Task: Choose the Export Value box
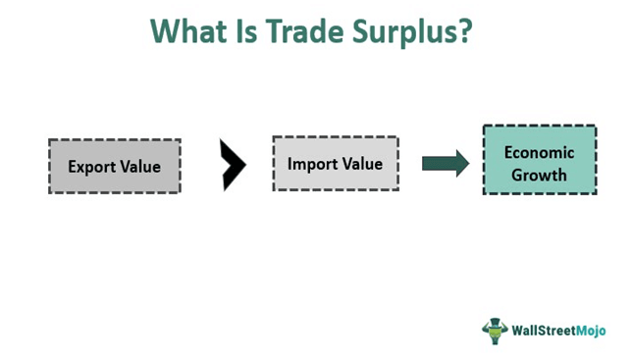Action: pyautogui.click(x=114, y=166)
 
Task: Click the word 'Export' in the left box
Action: pyautogui.click(x=91, y=167)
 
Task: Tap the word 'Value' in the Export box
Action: pyautogui.click(x=140, y=167)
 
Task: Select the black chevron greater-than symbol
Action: pyautogui.click(x=234, y=165)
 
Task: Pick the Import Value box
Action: pyautogui.click(x=335, y=164)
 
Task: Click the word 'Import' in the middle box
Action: pyautogui.click(x=312, y=164)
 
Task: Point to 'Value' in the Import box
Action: pyautogui.click(x=362, y=164)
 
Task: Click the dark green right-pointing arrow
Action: pyautogui.click(x=447, y=163)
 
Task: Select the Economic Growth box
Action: pyautogui.click(x=539, y=160)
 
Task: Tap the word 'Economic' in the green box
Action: pyautogui.click(x=539, y=151)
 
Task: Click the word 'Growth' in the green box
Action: pyautogui.click(x=539, y=175)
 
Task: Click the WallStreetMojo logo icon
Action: pyautogui.click(x=495, y=330)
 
